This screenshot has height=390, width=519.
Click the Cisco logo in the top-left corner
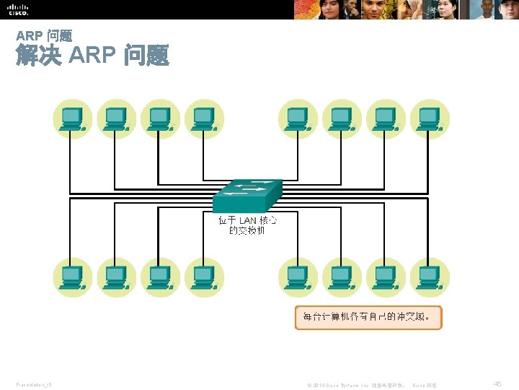(x=17, y=9)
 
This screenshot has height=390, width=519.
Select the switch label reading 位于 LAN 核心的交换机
(x=247, y=225)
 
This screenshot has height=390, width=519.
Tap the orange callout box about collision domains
(x=368, y=317)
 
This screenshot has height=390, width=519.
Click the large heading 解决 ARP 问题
(x=92, y=56)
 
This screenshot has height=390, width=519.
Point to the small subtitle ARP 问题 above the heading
(x=43, y=35)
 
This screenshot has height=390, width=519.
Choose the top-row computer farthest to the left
(x=73, y=118)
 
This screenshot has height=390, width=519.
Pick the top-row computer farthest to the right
(x=430, y=118)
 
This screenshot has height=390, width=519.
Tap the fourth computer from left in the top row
(x=205, y=118)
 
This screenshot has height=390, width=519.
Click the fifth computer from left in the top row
(x=298, y=118)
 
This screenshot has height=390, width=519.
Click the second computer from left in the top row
(x=117, y=118)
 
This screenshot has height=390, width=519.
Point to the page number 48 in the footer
(x=497, y=385)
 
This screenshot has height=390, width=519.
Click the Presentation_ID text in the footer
(x=33, y=385)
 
